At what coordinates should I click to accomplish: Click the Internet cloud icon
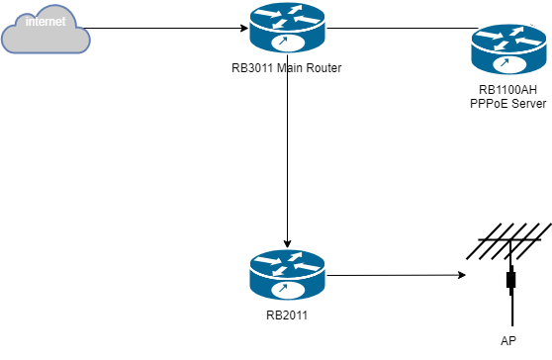pos(46,30)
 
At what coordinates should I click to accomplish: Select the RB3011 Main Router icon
pos(287,30)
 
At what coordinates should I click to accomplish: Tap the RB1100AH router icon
pos(507,50)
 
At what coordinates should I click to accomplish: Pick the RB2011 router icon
pos(287,275)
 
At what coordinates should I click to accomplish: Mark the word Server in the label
pos(527,104)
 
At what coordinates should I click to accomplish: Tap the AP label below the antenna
pos(508,341)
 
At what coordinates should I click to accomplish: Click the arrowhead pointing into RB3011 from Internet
pos(242,29)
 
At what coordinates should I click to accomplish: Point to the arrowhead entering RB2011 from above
pos(287,243)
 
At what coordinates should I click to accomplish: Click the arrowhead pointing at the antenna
pos(462,275)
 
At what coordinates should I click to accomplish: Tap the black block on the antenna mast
pos(510,281)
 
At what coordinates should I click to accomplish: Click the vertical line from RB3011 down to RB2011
pos(287,158)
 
